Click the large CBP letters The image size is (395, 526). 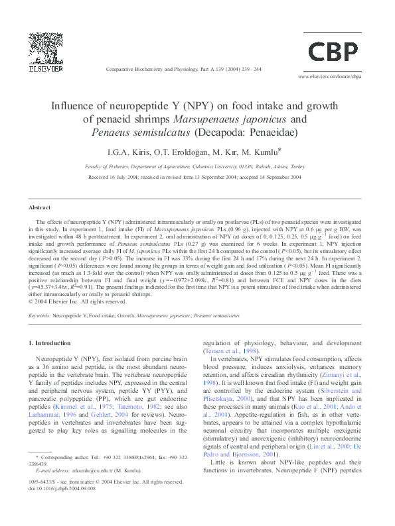334,51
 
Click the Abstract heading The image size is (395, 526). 40,207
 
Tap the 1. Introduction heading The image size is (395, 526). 52,343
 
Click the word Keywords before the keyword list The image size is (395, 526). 40,316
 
